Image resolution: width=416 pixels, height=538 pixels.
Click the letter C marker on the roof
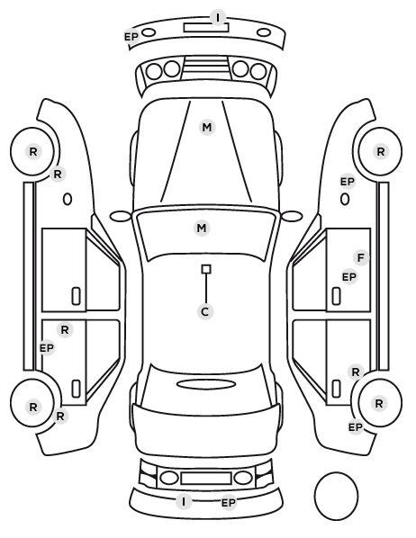click(x=205, y=312)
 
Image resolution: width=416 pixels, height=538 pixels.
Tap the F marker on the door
click(x=361, y=257)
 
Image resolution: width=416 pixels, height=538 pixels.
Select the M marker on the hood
click(x=207, y=127)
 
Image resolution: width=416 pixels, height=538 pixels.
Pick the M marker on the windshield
click(x=202, y=228)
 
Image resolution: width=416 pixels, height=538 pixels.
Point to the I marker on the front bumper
click(x=217, y=17)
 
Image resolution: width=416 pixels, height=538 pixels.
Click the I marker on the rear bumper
click(x=184, y=502)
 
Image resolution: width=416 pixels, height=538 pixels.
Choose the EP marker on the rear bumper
click(x=229, y=503)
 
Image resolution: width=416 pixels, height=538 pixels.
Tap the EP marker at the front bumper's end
click(x=131, y=36)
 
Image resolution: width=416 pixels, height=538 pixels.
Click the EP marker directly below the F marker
click(x=349, y=276)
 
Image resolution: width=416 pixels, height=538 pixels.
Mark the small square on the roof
click(x=206, y=269)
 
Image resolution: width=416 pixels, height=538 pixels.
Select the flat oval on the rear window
click(x=206, y=384)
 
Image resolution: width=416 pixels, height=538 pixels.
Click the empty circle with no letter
click(x=336, y=496)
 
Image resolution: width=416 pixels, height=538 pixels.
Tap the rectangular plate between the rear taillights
click(x=206, y=478)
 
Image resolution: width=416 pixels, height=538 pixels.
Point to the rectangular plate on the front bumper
click(x=206, y=27)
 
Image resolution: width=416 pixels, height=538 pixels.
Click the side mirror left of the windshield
click(x=121, y=217)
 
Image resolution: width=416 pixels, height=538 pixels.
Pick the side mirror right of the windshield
click(x=292, y=216)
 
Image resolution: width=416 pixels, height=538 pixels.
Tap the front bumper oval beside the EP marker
click(x=149, y=32)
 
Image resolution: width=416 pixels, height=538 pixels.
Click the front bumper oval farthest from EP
click(x=264, y=32)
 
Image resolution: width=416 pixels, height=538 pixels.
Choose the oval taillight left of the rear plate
click(x=169, y=478)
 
